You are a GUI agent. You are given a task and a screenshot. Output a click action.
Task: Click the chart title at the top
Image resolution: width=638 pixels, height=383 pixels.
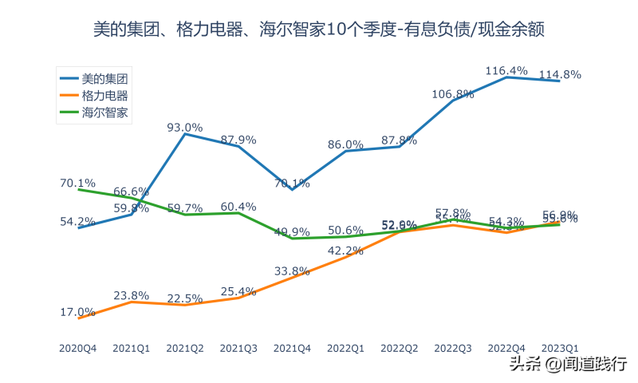pos(319,30)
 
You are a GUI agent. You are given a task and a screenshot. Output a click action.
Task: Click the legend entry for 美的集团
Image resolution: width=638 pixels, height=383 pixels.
pos(104,79)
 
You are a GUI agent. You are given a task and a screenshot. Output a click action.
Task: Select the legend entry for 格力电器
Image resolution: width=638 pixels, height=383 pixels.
pos(104,96)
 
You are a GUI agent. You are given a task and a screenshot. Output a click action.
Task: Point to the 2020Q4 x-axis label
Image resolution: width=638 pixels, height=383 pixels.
pos(78,348)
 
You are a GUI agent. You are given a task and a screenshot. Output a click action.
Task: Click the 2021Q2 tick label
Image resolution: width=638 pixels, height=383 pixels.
pos(185,348)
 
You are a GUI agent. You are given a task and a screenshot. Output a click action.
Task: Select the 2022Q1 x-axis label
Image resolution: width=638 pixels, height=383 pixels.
pos(346,348)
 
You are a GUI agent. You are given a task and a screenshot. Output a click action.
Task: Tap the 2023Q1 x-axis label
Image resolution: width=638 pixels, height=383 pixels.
pos(560,348)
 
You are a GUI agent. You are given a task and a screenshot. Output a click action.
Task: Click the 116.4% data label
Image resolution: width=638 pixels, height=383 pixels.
pos(506,71)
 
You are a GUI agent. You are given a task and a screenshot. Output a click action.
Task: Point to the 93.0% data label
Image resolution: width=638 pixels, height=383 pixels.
pos(185,128)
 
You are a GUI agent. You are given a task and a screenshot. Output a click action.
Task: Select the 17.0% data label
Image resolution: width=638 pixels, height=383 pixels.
pos(77,312)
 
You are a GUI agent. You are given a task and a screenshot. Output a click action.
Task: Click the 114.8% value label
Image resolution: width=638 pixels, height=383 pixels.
pos(560,75)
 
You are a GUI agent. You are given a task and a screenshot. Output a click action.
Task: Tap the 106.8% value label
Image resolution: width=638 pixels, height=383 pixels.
pos(453,94)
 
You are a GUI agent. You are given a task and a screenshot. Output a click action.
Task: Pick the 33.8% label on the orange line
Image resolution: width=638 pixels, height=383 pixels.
pos(292,271)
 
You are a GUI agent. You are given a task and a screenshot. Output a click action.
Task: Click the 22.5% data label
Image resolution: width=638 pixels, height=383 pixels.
pos(185,298)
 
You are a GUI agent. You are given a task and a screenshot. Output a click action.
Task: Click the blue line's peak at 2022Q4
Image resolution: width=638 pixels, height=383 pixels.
pos(506,77)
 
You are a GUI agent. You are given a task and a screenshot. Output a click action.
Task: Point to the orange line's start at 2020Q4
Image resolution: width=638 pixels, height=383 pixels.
pos(78,318)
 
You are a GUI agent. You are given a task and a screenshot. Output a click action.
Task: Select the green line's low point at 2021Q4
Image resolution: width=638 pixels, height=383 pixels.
pos(292,239)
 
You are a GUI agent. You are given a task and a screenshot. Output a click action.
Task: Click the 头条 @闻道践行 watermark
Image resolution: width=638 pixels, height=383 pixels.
pos(568,365)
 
